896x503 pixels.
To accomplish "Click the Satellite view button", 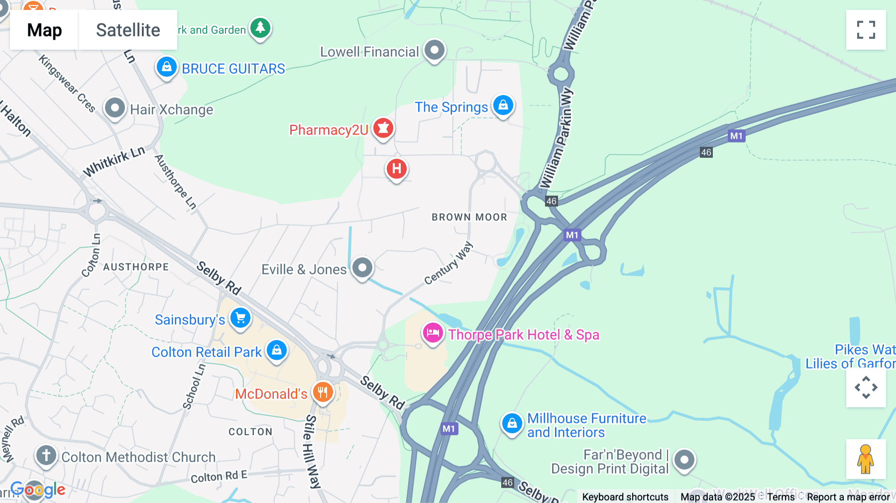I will tap(128, 30).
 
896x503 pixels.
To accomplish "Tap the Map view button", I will tap(44, 30).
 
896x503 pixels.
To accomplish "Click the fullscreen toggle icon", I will tap(866, 30).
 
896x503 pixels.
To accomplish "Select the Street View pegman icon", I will tap(866, 459).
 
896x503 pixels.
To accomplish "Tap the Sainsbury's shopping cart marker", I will tap(240, 318).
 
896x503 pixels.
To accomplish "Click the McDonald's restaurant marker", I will tap(323, 392).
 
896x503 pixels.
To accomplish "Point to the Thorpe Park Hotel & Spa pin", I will tap(433, 333).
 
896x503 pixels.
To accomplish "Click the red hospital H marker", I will tap(397, 169).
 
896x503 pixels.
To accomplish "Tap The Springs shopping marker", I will tap(503, 106).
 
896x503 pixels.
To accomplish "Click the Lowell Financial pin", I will tap(435, 50).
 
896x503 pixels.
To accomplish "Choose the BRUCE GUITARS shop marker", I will tap(167, 67).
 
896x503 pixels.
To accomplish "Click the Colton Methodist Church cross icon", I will tap(46, 455).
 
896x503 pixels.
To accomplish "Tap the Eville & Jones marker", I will tap(362, 268).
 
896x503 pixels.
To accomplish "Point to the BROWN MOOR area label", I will tap(469, 217).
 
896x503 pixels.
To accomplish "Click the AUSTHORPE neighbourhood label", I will tap(136, 267).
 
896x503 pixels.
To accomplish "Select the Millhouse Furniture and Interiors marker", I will tap(512, 424).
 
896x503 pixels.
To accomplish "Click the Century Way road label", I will tap(448, 263).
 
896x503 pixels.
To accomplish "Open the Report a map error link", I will tap(848, 497).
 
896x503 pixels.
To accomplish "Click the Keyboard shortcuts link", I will tap(625, 497).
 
